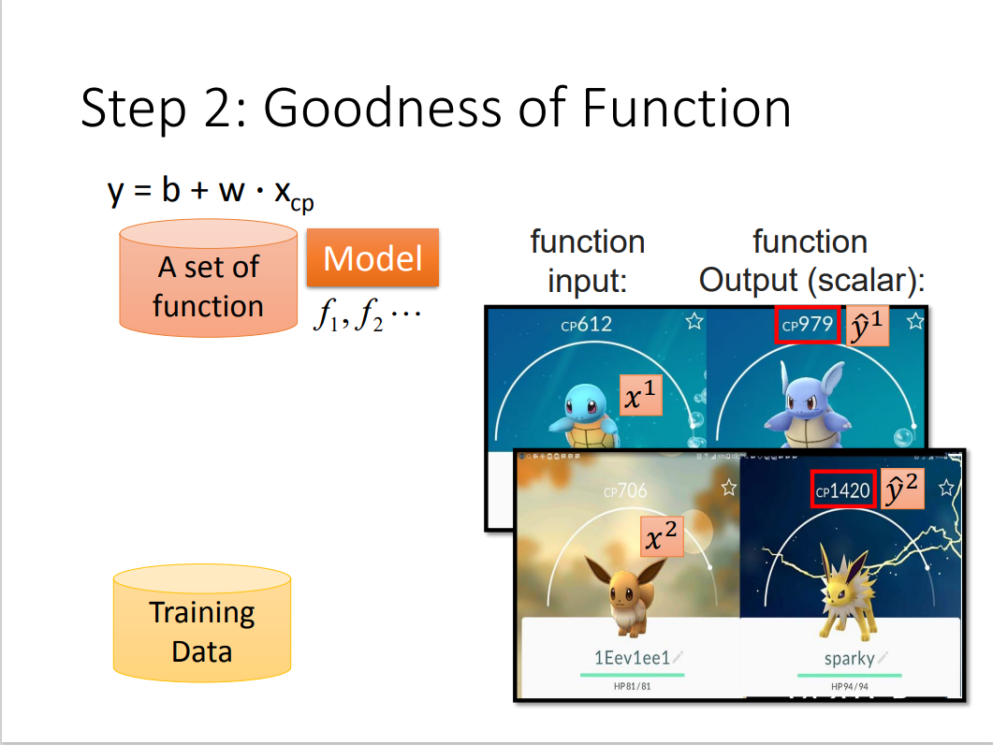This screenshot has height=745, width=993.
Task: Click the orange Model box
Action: pyautogui.click(x=372, y=257)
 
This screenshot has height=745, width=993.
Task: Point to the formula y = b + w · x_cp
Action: pyautogui.click(x=211, y=192)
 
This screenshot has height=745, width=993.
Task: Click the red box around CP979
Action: pyautogui.click(x=808, y=325)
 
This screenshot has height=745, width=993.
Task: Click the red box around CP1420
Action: pyautogui.click(x=843, y=490)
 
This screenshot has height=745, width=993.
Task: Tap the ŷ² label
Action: pyautogui.click(x=901, y=490)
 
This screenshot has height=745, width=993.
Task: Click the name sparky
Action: pyautogui.click(x=849, y=658)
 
